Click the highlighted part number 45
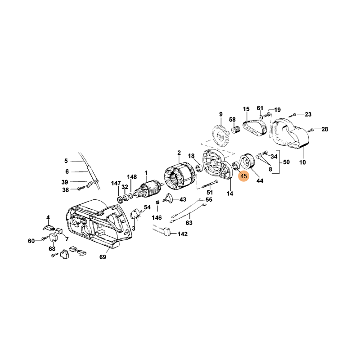[243, 176]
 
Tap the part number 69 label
[103, 257]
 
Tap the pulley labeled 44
[247, 162]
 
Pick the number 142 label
[182, 234]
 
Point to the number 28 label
[324, 129]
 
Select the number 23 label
[308, 114]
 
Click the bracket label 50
[286, 162]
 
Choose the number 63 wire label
[189, 222]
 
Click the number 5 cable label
[66, 161]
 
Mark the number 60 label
[31, 241]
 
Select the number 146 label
[156, 217]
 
